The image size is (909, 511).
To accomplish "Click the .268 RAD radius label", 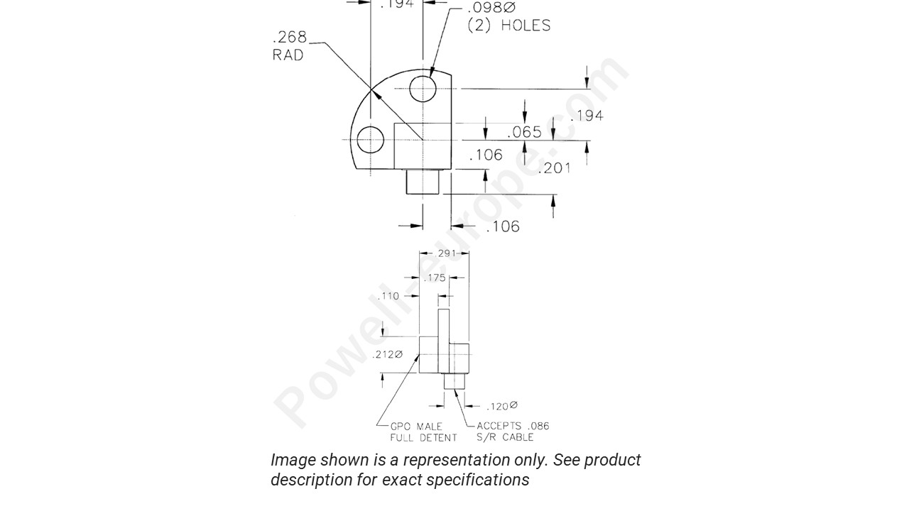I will (x=289, y=45).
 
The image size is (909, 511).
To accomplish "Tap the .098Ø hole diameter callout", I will (x=490, y=8).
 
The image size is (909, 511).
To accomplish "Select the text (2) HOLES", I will (x=508, y=26).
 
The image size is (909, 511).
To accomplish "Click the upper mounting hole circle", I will (x=423, y=89).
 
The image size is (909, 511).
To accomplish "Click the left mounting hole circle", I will (x=371, y=139).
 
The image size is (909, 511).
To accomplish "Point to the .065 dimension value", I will (x=524, y=132).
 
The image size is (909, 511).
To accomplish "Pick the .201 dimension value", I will (x=554, y=167).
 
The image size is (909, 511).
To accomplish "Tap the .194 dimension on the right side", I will (x=587, y=116).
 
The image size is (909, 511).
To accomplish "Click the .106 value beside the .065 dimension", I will (x=486, y=155).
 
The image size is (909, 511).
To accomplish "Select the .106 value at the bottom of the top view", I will (x=503, y=226).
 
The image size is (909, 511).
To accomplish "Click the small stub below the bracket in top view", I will (x=423, y=181).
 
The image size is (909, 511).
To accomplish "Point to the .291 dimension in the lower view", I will (x=444, y=253).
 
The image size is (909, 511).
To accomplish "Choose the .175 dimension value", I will (x=435, y=278).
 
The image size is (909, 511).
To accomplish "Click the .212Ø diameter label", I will (x=387, y=354).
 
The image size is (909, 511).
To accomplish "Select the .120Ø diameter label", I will (x=501, y=406).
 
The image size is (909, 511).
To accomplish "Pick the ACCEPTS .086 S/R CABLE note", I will (x=512, y=432).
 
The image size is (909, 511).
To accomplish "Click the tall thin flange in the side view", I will (x=444, y=341).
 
